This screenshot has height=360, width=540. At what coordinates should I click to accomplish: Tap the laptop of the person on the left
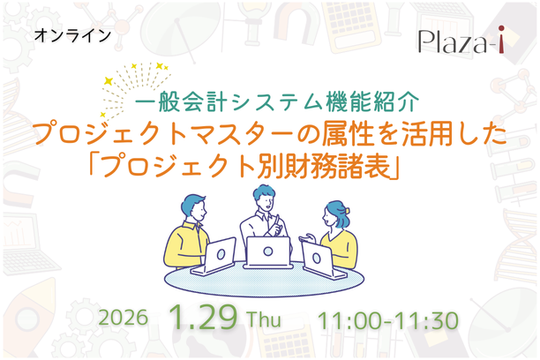(216, 253)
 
